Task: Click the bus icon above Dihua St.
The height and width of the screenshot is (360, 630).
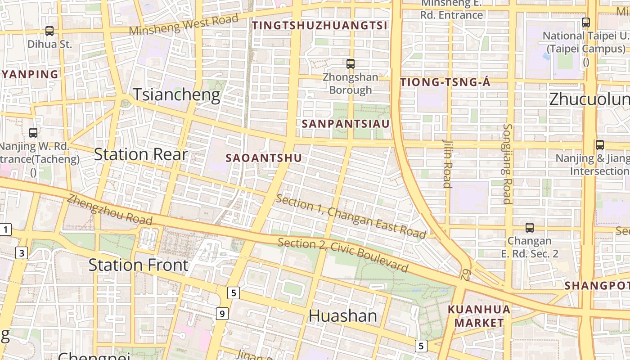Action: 49,31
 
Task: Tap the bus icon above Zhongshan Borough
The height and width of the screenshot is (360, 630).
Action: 351,64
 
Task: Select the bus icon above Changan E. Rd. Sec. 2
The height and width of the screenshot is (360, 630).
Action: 530,228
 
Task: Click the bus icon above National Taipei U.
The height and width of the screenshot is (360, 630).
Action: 586,22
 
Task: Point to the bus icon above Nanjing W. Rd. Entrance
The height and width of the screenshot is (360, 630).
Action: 33,133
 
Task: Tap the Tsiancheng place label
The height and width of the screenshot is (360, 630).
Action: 176,95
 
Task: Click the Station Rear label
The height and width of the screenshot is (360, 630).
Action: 140,154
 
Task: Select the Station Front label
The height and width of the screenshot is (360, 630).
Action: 138,265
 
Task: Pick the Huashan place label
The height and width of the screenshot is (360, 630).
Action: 342,315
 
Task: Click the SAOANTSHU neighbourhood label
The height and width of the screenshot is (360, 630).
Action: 264,158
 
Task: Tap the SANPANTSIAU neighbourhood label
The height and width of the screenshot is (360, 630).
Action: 346,123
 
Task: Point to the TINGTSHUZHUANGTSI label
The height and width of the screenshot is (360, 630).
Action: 319,25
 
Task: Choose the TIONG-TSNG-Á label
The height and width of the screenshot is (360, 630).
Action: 445,82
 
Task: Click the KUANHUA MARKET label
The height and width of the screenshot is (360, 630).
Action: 479,316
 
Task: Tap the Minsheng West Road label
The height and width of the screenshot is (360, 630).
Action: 184,26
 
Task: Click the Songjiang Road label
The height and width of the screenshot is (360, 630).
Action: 507,164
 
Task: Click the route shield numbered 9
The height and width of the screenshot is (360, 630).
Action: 222,314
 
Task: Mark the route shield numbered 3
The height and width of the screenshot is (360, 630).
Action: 22,253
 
